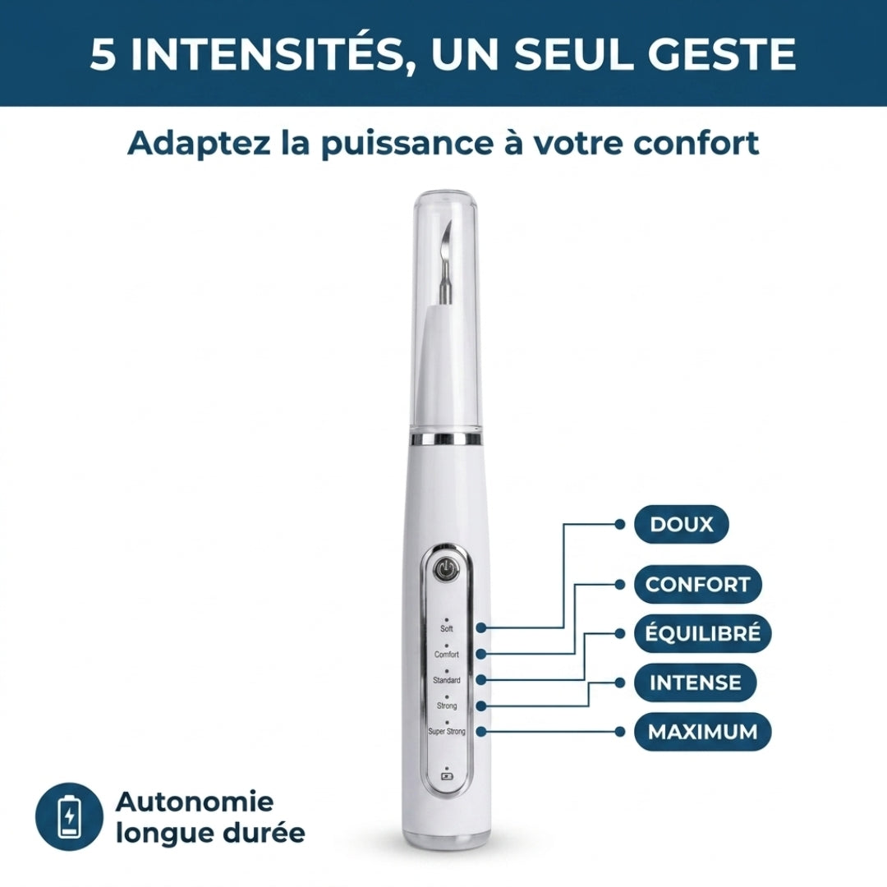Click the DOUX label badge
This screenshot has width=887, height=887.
coord(681,524)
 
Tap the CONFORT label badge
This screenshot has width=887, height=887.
coord(697,585)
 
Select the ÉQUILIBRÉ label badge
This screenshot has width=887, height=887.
coord(702,633)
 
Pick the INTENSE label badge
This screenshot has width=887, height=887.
coord(695,682)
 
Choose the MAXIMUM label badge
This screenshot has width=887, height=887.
coord(702,732)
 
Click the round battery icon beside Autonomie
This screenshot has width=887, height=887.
coord(70,816)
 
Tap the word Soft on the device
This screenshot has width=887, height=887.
coord(446,628)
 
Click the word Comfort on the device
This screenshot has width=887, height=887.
coord(446,655)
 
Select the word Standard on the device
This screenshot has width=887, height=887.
coord(446,680)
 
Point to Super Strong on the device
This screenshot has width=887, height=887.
coord(446,732)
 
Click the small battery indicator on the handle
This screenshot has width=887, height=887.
coord(446,774)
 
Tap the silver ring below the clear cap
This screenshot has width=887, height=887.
coord(446,439)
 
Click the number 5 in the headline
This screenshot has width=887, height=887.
coord(103,55)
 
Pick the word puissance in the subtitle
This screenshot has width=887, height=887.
coord(407,145)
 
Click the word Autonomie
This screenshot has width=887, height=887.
coord(195,801)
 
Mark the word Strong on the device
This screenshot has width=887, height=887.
coord(446,706)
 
